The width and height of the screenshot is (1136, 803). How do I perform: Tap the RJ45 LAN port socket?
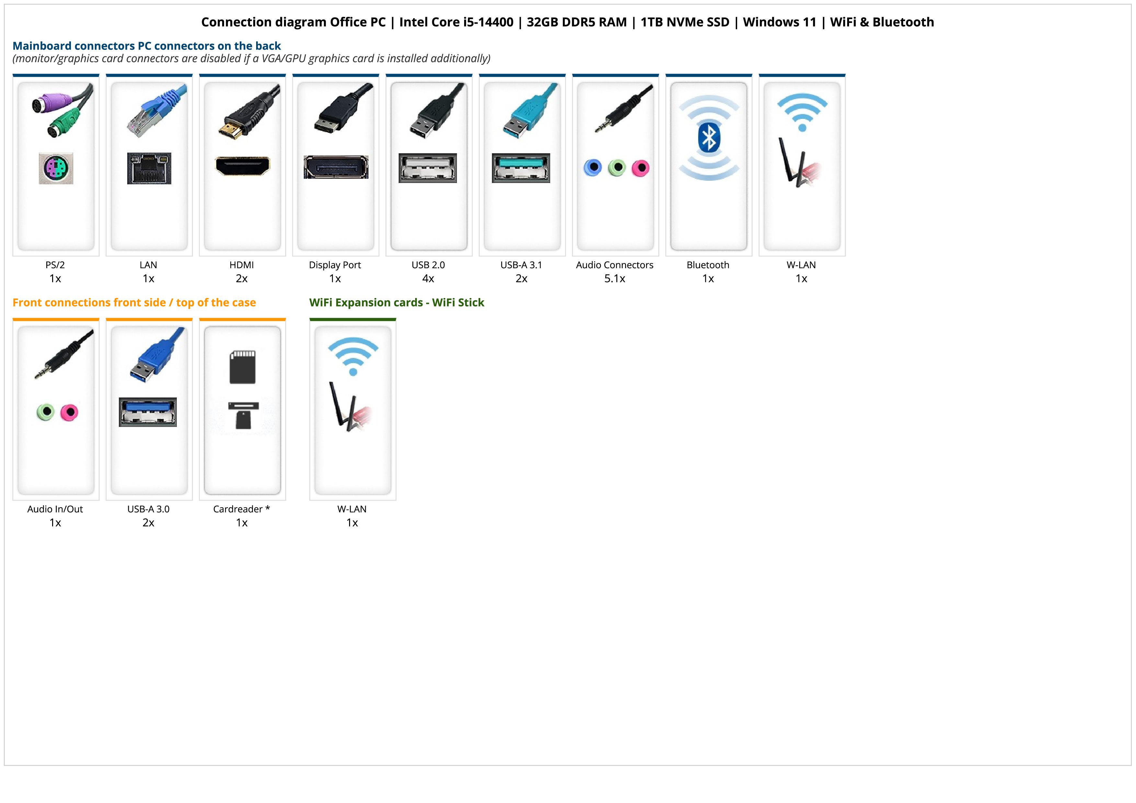click(149, 168)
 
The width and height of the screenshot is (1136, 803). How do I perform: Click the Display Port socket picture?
click(336, 167)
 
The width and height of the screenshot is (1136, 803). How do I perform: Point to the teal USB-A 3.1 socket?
click(520, 168)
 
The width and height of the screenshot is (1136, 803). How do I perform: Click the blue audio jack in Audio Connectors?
click(593, 168)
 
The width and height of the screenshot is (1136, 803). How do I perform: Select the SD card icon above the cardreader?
click(243, 367)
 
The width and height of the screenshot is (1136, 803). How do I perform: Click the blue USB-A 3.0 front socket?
click(147, 412)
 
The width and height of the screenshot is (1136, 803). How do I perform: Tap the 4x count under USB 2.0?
click(428, 279)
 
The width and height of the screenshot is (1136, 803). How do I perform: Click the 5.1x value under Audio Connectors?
click(615, 279)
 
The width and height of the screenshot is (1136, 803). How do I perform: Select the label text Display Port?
click(335, 265)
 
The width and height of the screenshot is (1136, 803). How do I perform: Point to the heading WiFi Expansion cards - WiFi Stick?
click(396, 302)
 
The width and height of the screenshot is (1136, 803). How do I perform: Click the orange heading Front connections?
click(134, 302)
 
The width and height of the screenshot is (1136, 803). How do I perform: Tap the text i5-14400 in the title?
click(486, 22)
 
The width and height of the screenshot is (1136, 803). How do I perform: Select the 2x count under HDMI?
click(242, 279)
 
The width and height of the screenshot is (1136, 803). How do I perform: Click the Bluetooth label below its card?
click(708, 265)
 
